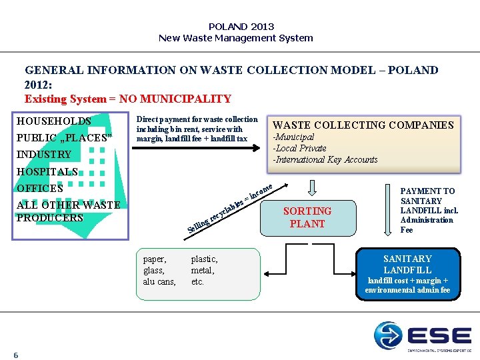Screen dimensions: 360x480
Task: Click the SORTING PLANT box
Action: coord(307,217)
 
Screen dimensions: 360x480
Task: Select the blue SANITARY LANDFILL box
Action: coord(407,273)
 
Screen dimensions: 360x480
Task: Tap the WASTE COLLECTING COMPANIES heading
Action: coord(363,125)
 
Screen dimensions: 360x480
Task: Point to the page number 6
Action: coord(16,355)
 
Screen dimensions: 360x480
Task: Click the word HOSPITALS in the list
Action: coord(47,171)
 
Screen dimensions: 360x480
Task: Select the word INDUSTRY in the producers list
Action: coord(44,155)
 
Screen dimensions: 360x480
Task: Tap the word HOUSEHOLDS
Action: coord(54,121)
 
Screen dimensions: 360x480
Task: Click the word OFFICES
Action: coord(40,188)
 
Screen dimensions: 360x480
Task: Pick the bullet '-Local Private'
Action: coord(300,148)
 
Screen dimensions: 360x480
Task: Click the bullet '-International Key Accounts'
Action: coord(325,159)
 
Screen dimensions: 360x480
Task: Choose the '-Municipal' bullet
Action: coord(294,137)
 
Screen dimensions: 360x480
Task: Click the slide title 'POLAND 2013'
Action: coord(241,27)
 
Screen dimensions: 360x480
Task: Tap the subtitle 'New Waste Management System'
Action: coord(235,38)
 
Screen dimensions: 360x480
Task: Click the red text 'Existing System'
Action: coord(65,99)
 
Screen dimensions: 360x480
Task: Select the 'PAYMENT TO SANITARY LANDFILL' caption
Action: coord(427,210)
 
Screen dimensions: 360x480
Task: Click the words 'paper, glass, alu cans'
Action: coord(159,270)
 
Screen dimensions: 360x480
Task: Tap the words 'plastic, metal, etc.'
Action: coord(204,270)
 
